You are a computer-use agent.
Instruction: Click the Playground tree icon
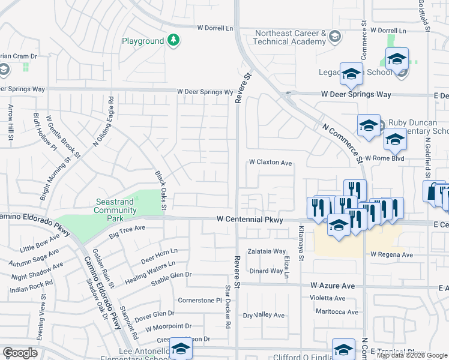173,40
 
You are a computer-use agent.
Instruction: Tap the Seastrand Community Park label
115,206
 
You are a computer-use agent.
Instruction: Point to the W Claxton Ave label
270,163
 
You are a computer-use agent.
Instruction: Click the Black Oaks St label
160,191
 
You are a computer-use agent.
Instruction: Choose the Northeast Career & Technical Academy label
289,37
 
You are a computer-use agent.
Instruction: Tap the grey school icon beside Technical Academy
334,37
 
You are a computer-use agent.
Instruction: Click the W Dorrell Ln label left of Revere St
215,28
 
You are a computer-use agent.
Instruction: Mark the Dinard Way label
266,271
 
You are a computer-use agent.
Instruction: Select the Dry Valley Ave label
264,315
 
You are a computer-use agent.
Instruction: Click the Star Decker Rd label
228,307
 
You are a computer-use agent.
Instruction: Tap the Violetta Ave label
327,298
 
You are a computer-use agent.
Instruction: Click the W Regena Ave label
391,254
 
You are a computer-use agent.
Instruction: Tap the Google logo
20,352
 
